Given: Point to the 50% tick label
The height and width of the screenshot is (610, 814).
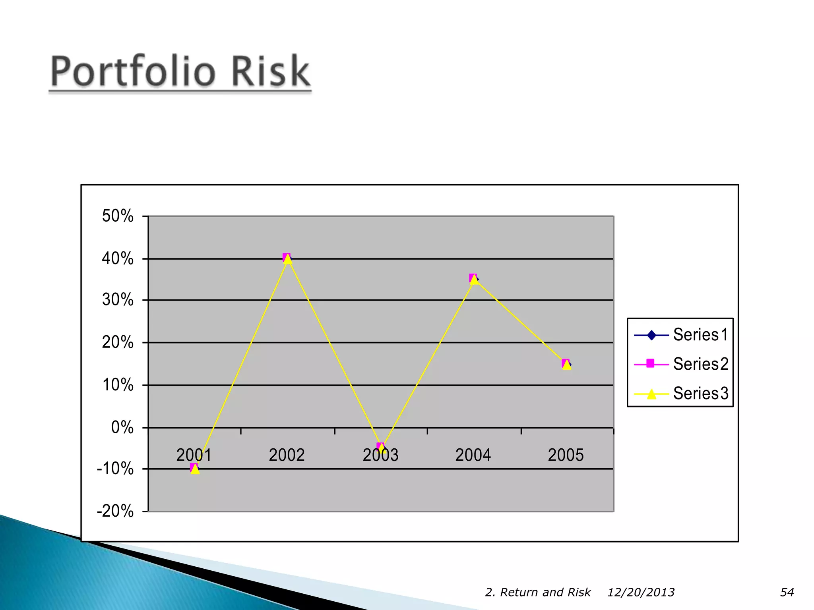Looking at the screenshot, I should point(118,216).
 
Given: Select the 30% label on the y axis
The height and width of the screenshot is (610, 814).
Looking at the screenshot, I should point(118,299).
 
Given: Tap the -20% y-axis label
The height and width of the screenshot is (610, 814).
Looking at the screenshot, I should point(115,511).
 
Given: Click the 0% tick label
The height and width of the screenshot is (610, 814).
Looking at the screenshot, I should point(122,428).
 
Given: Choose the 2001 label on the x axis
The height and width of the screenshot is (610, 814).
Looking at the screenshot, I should point(194,455).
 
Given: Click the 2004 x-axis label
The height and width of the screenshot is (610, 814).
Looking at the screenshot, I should point(473,455).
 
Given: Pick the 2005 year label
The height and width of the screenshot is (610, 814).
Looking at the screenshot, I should point(566,455).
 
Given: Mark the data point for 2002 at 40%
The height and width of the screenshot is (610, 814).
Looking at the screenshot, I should point(287,259).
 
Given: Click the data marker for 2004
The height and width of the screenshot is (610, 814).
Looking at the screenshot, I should point(473,279).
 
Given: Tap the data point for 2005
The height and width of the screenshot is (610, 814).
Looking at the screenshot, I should point(566,364).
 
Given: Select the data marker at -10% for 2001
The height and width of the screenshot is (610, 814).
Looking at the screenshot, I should point(194,469).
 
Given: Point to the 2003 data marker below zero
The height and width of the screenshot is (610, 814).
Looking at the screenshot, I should point(381,448).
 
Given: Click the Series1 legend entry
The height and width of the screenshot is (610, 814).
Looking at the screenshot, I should point(700,335).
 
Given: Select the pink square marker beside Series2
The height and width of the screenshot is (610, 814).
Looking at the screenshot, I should point(651,363).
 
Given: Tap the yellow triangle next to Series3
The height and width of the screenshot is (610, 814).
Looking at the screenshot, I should point(651,394).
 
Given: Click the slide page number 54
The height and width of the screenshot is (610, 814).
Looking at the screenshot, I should point(787,592).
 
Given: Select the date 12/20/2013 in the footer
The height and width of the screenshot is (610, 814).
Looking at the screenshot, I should point(641,592).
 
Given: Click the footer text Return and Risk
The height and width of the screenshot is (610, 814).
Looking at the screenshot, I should point(545,592).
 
